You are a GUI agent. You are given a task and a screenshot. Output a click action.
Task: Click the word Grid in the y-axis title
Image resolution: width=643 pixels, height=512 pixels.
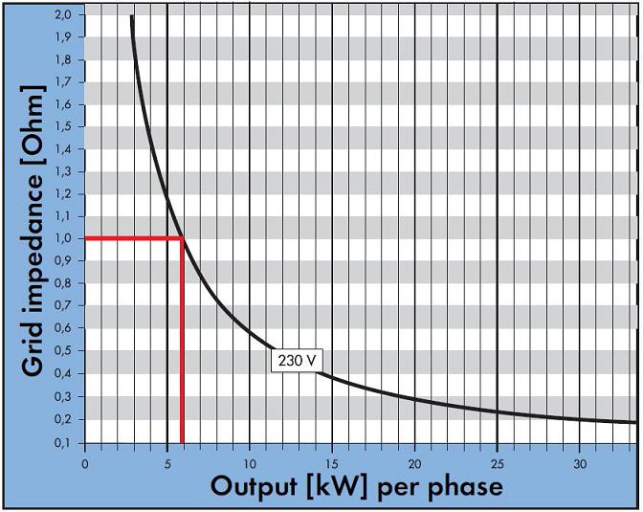(33, 345)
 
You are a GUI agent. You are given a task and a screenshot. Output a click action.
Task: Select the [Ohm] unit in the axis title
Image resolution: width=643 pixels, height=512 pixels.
(33, 135)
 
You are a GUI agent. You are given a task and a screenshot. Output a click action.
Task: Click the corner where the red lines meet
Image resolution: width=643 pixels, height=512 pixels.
(182, 237)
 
